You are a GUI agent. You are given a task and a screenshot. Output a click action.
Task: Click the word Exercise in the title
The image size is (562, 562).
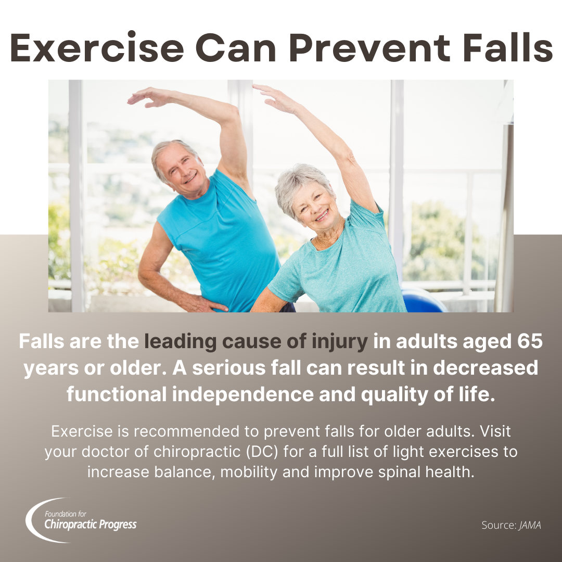(x=97, y=47)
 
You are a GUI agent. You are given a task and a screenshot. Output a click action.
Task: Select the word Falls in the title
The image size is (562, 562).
(x=508, y=47)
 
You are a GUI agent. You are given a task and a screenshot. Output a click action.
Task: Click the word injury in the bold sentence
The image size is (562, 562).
(x=340, y=342)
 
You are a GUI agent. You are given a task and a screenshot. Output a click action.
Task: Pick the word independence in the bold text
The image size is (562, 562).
(x=242, y=394)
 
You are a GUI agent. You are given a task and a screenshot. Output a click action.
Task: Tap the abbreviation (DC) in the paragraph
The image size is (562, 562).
(x=262, y=452)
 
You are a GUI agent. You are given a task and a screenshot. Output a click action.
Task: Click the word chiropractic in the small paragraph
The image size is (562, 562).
(x=197, y=452)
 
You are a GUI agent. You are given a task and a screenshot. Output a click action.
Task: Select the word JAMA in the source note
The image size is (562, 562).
(x=530, y=525)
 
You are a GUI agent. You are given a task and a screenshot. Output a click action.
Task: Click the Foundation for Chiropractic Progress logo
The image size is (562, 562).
(x=81, y=520)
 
